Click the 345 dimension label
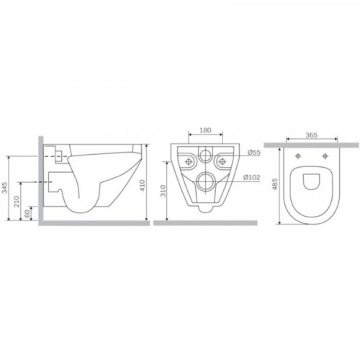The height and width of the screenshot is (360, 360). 4,187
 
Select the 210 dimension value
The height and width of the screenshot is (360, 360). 17,202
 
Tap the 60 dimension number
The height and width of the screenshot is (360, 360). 27,214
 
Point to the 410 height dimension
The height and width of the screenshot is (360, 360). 143,185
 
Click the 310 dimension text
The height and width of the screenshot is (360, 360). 163,191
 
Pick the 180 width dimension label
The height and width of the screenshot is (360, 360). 206,130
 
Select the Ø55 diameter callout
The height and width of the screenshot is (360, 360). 254,152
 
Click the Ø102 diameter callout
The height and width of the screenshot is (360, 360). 251,177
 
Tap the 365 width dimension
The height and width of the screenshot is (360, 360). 311,135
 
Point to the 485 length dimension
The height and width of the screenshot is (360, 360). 275,184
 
